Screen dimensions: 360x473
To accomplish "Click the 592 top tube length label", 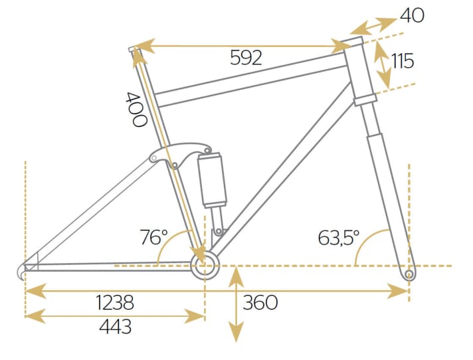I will click(x=246, y=58).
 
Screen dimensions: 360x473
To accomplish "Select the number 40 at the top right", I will click(x=412, y=15).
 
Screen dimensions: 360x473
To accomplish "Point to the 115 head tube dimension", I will click(x=403, y=62).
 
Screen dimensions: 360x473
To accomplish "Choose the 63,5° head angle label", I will click(x=338, y=237).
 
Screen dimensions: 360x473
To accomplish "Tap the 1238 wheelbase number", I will click(x=115, y=303).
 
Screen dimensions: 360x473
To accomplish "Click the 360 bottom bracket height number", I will click(x=260, y=303).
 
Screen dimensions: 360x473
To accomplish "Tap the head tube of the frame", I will click(x=361, y=70).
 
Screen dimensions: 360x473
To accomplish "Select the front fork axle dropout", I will click(x=409, y=272).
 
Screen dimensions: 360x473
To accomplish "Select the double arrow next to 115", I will click(x=382, y=64).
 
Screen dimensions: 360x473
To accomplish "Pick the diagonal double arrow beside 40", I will click(x=373, y=25).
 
